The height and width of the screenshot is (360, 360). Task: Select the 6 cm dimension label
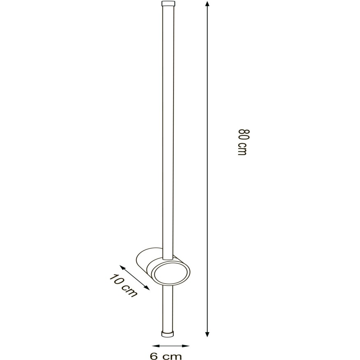[x=166, y=356]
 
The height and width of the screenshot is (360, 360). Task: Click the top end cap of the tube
[x=168, y=5]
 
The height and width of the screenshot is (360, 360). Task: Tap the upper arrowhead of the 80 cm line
[x=207, y=4]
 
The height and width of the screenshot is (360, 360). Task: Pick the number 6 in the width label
[x=154, y=356]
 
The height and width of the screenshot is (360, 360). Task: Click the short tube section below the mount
[x=167, y=307]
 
